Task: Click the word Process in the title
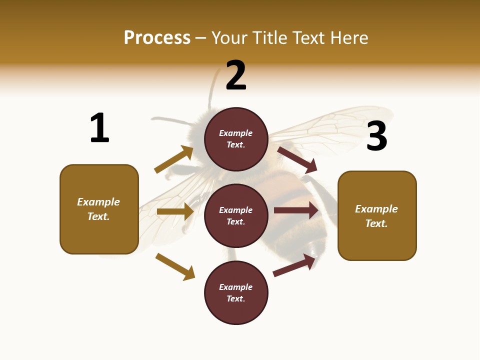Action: (157, 38)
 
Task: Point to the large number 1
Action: (99, 128)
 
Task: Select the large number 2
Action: (236, 75)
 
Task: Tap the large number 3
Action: (376, 136)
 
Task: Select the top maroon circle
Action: (236, 139)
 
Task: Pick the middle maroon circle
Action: (236, 215)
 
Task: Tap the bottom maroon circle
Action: (236, 292)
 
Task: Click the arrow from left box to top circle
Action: (174, 159)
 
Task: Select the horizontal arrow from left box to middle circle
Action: (175, 211)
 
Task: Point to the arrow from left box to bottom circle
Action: (175, 266)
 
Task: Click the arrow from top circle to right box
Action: (297, 159)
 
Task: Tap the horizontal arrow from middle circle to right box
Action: (296, 210)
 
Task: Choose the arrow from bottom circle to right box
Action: (294, 265)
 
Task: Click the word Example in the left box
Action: (98, 202)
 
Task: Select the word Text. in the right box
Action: (376, 223)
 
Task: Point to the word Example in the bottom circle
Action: (236, 287)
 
